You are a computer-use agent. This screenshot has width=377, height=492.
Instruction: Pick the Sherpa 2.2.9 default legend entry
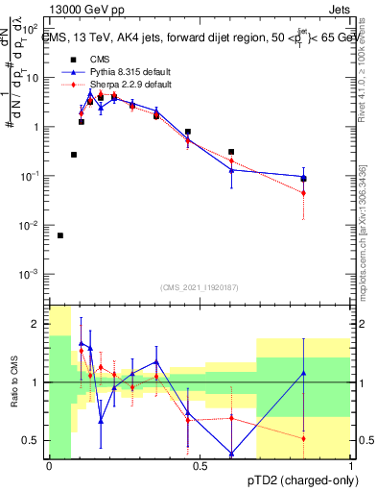point(115,85)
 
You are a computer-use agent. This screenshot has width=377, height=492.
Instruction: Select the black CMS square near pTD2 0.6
point(231,152)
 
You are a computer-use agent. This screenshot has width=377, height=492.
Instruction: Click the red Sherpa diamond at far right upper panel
point(303,193)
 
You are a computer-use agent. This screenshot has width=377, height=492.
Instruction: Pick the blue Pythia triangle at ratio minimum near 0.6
point(231,454)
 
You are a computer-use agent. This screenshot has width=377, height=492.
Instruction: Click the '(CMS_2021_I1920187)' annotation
point(200,287)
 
